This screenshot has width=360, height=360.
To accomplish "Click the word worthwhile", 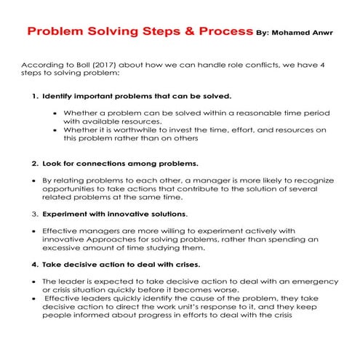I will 137,129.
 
